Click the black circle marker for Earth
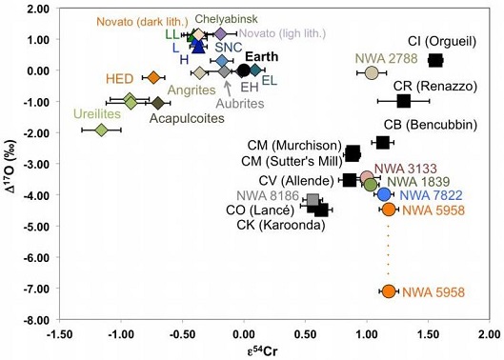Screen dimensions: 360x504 pyautogui.click(x=244, y=70)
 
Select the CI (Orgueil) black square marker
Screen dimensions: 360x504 pyautogui.click(x=435, y=60)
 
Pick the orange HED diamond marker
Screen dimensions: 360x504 pyautogui.click(x=153, y=77)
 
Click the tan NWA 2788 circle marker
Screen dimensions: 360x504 pyautogui.click(x=373, y=72)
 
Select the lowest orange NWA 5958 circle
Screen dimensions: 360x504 pyautogui.click(x=388, y=291)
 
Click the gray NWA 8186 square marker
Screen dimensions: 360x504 pyautogui.click(x=312, y=201)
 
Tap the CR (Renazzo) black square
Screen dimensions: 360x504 pyautogui.click(x=403, y=100)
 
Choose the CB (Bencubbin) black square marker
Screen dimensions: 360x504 pyautogui.click(x=383, y=143)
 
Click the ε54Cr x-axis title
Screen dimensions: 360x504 pyautogui.click(x=273, y=350)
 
